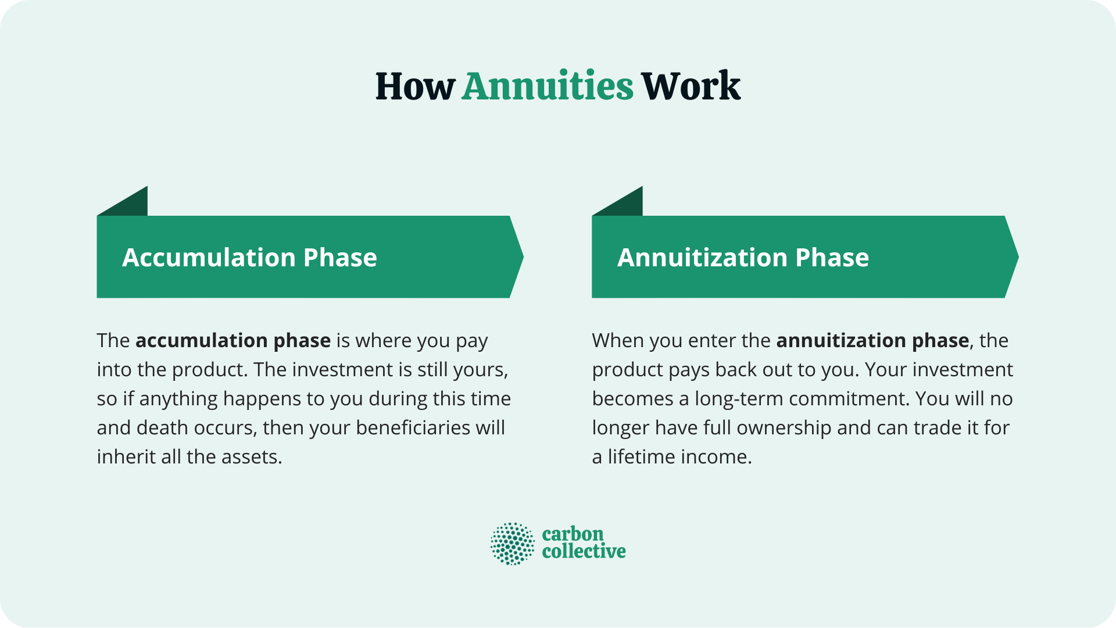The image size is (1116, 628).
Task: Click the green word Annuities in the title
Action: click(x=547, y=87)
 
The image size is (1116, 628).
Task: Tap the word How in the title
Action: click(x=414, y=87)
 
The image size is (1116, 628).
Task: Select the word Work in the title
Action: click(x=691, y=87)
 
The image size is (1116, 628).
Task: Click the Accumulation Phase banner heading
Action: click(x=249, y=258)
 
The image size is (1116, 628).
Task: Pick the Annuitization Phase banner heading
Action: click(x=743, y=258)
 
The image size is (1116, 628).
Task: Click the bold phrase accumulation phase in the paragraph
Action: click(x=233, y=340)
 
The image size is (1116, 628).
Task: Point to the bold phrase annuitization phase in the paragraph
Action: click(x=872, y=340)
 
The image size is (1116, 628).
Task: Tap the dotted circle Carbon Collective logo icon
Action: click(x=512, y=544)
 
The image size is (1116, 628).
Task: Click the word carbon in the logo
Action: click(x=573, y=534)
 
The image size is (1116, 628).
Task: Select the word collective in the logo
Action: click(x=584, y=551)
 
